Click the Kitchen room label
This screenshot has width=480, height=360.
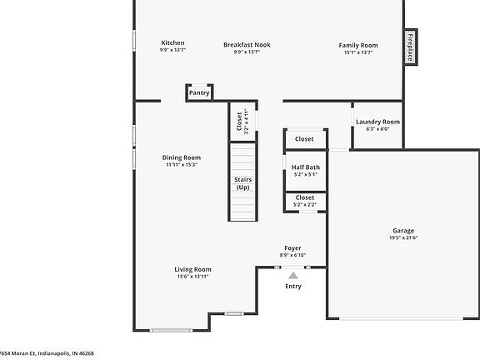[172, 43]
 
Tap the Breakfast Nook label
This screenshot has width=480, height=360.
[247, 44]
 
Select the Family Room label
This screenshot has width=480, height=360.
[358, 44]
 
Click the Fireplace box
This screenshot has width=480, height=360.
[410, 47]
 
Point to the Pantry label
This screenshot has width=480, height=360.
[199, 93]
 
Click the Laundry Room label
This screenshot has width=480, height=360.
[377, 122]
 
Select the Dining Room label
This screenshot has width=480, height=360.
[181, 157]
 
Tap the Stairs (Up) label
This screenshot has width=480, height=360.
[242, 183]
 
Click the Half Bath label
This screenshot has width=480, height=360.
[305, 167]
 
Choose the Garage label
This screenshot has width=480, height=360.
[403, 231]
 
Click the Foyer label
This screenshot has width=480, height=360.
[292, 247]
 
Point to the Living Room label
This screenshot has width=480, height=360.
[192, 269]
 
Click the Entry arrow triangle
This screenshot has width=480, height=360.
[293, 274]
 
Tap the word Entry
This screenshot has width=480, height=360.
[293, 287]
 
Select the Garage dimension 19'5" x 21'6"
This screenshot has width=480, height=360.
[403, 238]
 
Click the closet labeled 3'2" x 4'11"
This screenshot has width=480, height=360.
[240, 122]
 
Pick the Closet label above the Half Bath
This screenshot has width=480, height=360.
[304, 139]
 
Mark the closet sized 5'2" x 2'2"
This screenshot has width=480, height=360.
[305, 201]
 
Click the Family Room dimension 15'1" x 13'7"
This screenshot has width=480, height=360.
[358, 52]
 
